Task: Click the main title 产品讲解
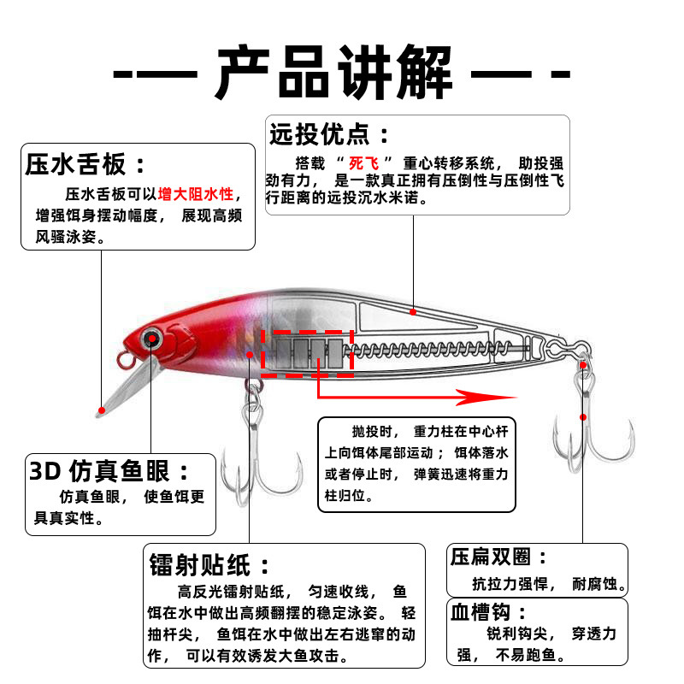click(x=342, y=70)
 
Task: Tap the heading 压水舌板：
click(x=86, y=164)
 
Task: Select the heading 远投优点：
click(x=330, y=134)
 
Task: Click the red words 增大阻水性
click(x=196, y=194)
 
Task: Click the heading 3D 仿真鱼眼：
click(x=111, y=470)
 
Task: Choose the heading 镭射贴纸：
click(x=210, y=564)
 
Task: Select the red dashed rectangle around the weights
click(x=308, y=352)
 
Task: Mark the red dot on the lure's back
click(x=413, y=312)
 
